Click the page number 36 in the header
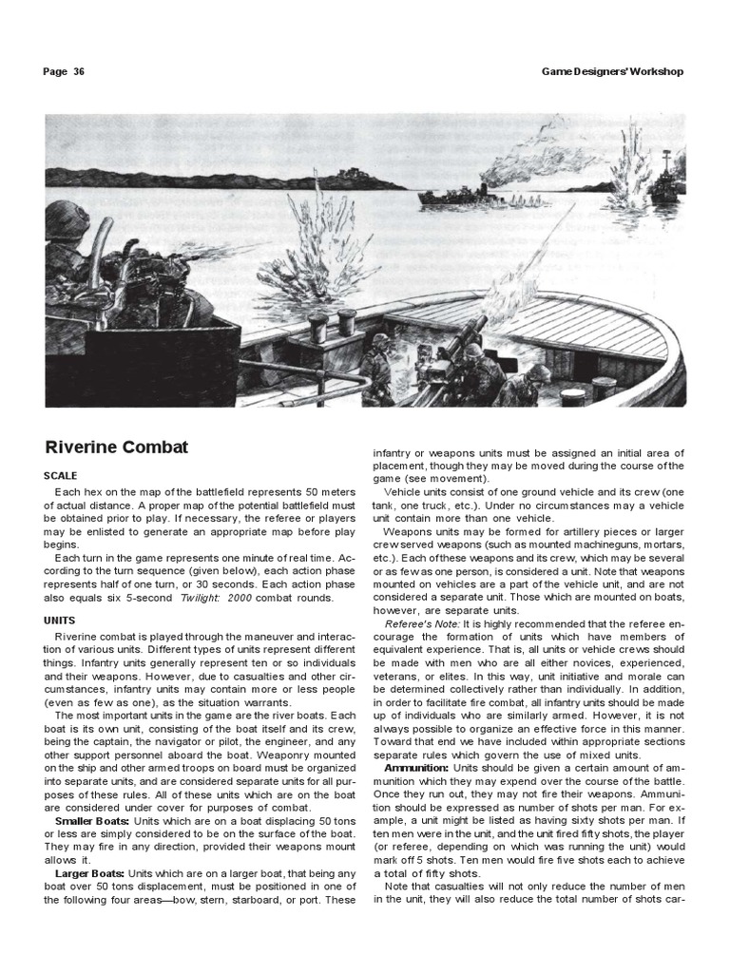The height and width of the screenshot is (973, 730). (x=78, y=71)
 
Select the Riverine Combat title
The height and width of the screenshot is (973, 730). (x=117, y=447)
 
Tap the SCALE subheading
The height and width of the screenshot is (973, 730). (x=61, y=475)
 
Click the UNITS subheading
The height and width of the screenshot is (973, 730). (x=60, y=619)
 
